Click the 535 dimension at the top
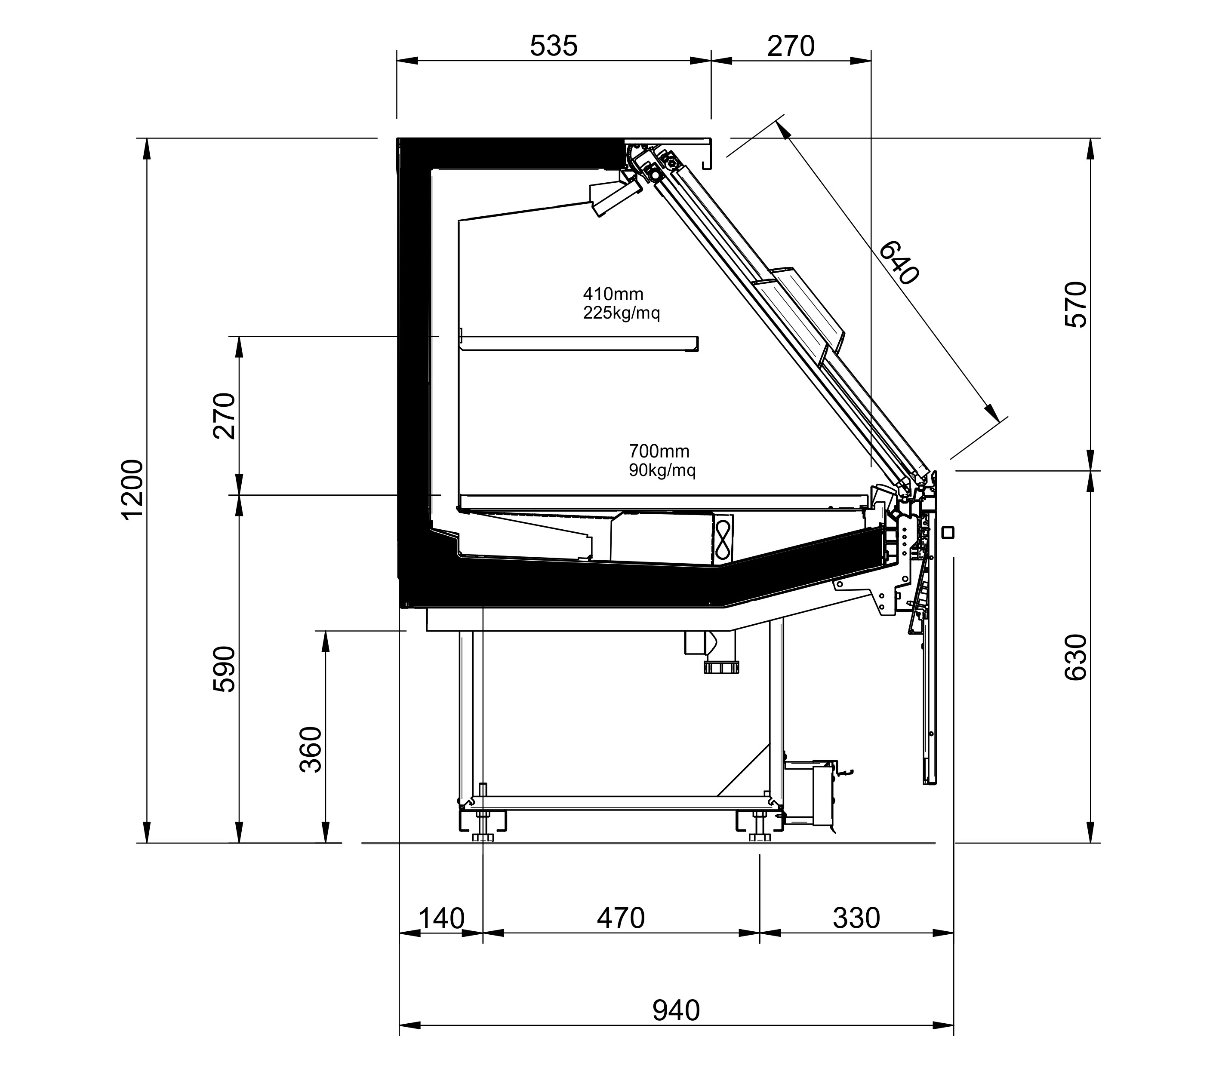tap(554, 46)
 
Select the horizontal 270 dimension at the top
tap(791, 46)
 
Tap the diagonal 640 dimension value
tap(899, 262)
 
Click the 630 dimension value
tap(1076, 657)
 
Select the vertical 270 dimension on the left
tap(224, 416)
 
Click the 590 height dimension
tap(224, 669)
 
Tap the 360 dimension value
tap(310, 749)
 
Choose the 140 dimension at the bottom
tap(441, 918)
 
